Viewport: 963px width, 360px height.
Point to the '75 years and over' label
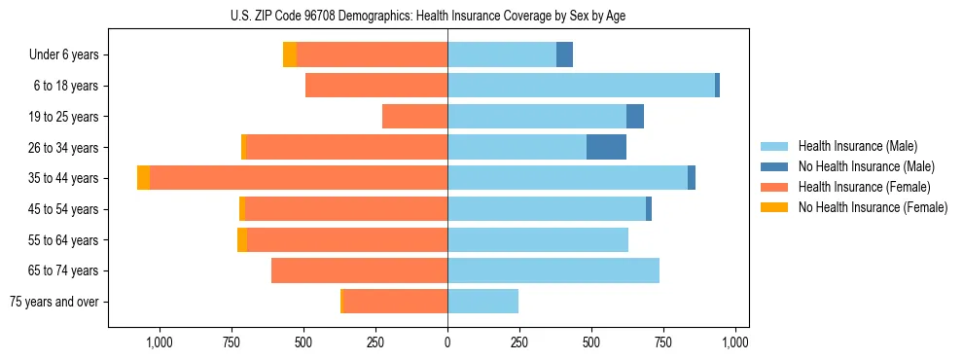[54, 302]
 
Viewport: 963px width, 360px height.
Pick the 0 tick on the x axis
[447, 342]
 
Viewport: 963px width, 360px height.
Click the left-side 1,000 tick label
[159, 342]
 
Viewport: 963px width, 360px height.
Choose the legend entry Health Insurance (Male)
[857, 146]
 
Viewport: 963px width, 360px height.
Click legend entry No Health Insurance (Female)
[873, 207]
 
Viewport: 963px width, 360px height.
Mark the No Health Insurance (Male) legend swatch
[775, 166]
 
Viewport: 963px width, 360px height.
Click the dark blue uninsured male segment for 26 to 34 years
[606, 147]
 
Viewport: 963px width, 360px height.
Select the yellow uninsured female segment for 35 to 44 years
[143, 178]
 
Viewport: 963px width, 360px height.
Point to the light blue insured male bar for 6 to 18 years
[581, 86]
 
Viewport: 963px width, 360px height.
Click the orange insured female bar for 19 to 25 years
[414, 117]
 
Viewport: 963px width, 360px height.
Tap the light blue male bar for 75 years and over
[482, 302]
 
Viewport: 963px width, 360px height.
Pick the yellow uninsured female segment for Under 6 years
[289, 54]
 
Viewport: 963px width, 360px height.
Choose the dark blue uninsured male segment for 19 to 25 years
[634, 117]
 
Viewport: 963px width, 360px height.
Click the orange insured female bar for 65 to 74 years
[359, 270]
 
